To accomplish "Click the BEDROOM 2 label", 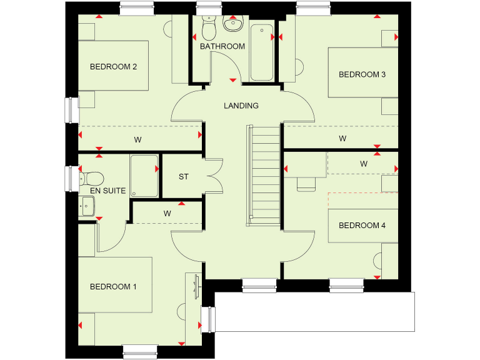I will [x=113, y=67].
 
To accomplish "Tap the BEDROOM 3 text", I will [x=362, y=74].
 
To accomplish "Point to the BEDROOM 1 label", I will [x=113, y=287].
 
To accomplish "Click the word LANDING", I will [x=241, y=106].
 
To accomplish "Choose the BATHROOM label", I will [x=222, y=46].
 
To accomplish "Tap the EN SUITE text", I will [x=107, y=190].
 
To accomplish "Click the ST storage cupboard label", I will [x=184, y=177].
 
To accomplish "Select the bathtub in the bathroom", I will [x=262, y=52].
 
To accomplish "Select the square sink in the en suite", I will [x=87, y=205].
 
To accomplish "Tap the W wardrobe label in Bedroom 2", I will [x=137, y=139].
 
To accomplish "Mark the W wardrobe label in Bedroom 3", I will [x=342, y=138].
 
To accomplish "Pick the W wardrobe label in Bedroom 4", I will [x=364, y=164].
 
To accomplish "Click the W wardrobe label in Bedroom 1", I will [x=167, y=213].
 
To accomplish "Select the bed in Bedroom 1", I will [x=116, y=284].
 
